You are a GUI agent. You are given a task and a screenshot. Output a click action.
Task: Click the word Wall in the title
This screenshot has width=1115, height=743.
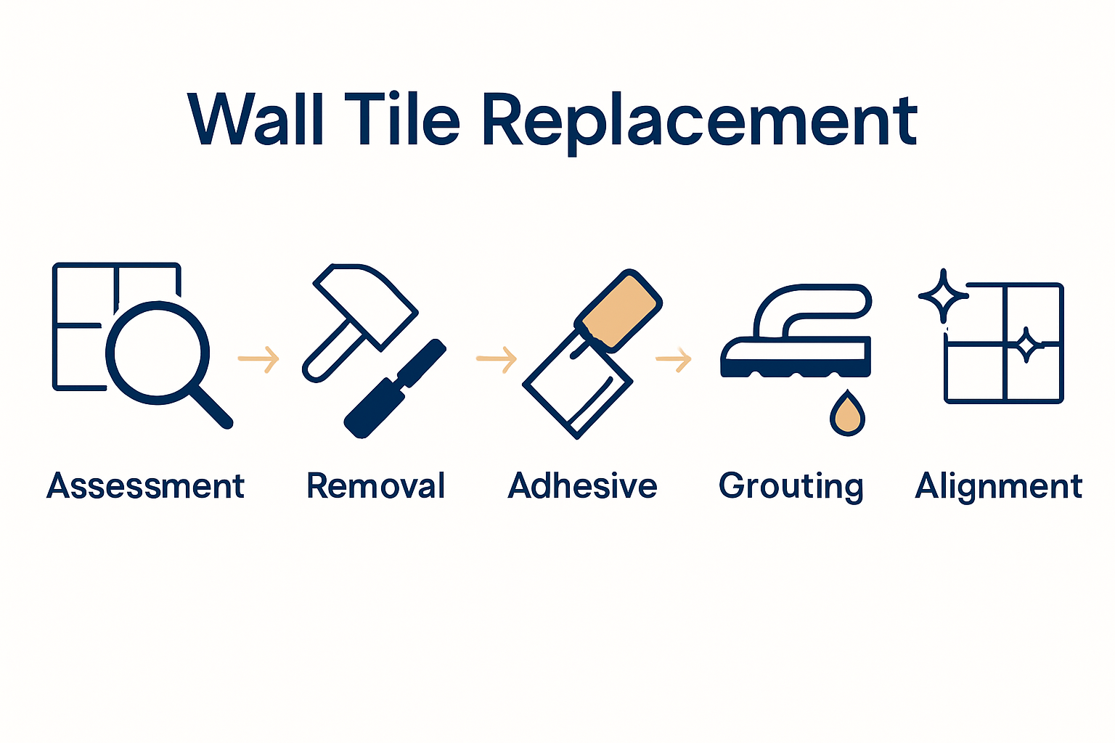click(255, 120)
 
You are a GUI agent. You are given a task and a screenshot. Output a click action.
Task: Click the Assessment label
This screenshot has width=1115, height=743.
click(146, 486)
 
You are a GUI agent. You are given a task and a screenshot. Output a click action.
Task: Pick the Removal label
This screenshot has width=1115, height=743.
click(376, 486)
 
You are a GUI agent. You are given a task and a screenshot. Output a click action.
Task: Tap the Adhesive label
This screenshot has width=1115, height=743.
click(582, 486)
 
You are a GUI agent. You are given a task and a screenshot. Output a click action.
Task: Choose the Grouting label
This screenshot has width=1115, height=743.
click(791, 486)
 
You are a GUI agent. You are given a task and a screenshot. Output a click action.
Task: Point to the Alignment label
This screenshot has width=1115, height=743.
click(999, 486)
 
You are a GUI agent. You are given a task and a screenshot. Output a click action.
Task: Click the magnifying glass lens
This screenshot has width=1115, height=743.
click(158, 353)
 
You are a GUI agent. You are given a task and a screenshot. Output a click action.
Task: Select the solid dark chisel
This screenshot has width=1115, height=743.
click(396, 388)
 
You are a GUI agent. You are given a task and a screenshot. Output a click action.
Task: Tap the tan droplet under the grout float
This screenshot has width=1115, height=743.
click(847, 416)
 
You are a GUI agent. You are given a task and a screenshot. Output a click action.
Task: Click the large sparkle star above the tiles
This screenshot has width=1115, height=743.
click(943, 296)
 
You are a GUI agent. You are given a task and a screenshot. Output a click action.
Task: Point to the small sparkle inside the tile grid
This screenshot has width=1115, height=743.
click(1026, 345)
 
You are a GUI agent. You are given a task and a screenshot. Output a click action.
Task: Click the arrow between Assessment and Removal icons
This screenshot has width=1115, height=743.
click(259, 358)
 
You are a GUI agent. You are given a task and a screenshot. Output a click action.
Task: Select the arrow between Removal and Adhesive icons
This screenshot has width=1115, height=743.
click(497, 358)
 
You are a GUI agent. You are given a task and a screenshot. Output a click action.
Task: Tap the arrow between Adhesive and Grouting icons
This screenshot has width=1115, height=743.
click(674, 358)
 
